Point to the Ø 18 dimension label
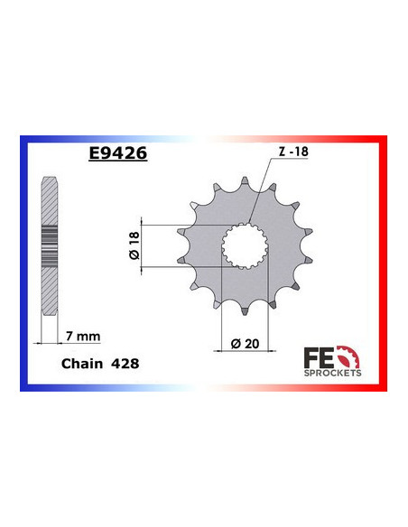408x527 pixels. [x=134, y=245]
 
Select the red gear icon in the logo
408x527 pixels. [x=352, y=356]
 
